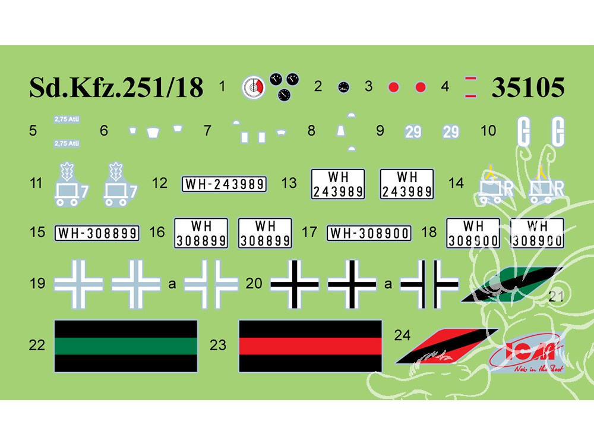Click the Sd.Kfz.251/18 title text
(x=116, y=88)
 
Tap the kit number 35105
(x=527, y=88)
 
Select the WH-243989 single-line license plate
(x=224, y=184)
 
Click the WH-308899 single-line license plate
(x=97, y=233)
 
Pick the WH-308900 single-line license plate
(x=368, y=233)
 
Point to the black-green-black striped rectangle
(x=125, y=346)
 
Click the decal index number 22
(x=37, y=345)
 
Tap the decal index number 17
(x=309, y=231)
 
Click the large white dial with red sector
(x=253, y=88)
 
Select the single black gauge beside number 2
(x=343, y=87)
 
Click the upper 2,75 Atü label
(x=67, y=119)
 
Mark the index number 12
(x=159, y=183)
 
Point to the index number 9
(x=380, y=131)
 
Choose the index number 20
(x=254, y=284)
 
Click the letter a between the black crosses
(x=388, y=284)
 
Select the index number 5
(x=33, y=130)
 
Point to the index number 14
(x=456, y=183)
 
